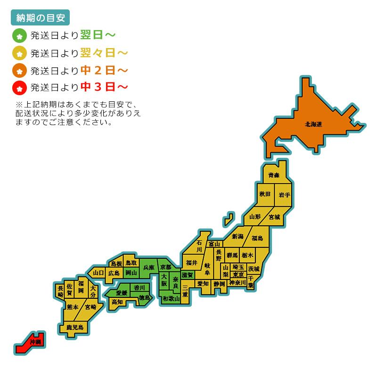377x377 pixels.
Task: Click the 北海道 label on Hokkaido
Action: point(313,124)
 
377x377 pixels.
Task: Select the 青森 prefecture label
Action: point(274,175)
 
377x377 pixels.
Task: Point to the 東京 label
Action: point(238,275)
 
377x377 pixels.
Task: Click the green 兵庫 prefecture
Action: point(148,267)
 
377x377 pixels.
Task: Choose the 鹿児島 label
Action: point(74,327)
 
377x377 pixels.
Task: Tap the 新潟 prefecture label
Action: point(238,236)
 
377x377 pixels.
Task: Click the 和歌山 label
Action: point(171,299)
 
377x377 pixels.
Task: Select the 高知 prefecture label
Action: point(117,302)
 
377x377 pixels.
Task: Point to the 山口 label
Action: point(98,272)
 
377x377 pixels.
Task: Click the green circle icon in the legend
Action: point(19,35)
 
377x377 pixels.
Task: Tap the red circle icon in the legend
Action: point(19,88)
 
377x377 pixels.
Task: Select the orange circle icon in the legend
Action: point(19,71)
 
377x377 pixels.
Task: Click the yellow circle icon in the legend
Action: point(19,53)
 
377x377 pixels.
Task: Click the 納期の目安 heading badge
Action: point(40,17)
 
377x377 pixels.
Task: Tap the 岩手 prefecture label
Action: point(284,195)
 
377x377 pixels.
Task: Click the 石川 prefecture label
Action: point(199,246)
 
